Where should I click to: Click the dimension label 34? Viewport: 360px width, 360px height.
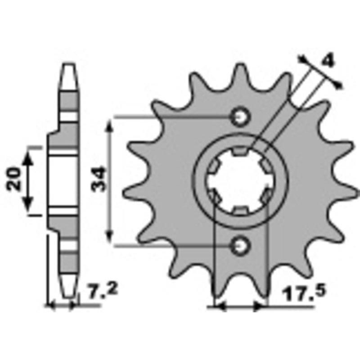99,179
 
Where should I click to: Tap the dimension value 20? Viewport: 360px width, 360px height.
14,179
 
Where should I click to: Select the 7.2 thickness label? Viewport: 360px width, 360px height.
103,291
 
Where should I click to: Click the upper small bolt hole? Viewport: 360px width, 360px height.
240,117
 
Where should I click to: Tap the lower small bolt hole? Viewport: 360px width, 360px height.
240,246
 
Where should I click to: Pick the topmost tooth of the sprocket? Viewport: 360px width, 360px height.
240,76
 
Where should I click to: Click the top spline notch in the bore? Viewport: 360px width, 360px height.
240,151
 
